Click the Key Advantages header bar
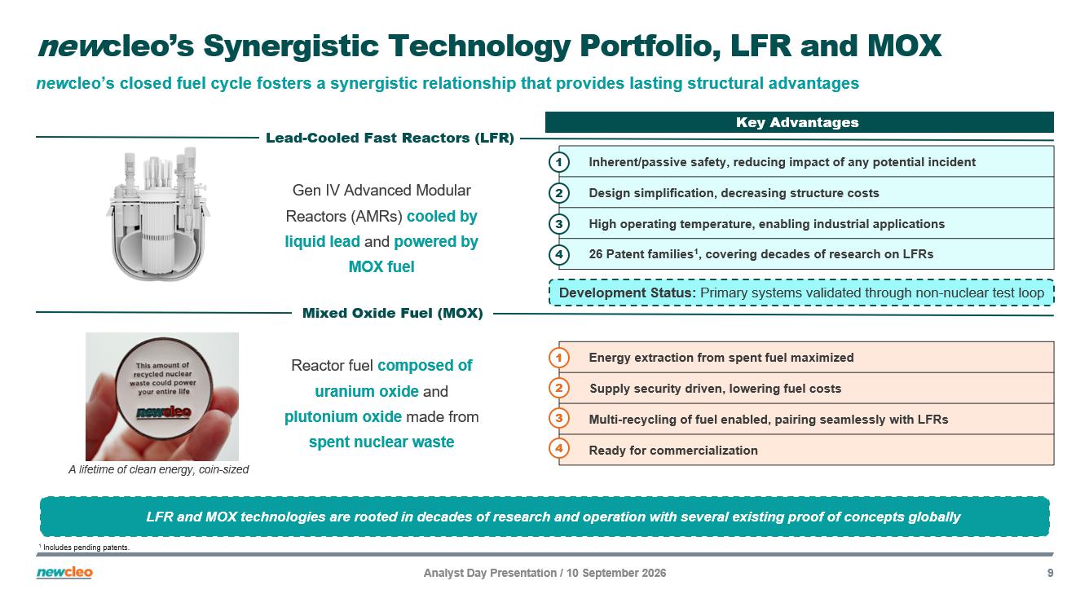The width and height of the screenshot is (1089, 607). pyautogui.click(x=800, y=122)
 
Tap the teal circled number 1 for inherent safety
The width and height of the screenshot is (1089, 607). pyautogui.click(x=559, y=162)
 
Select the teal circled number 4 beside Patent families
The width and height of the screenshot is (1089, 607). pyautogui.click(x=559, y=254)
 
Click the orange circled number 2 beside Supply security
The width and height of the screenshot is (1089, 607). pyautogui.click(x=559, y=389)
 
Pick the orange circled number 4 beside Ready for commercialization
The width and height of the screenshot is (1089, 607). pyautogui.click(x=559, y=449)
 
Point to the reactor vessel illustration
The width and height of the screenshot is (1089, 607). pyautogui.click(x=159, y=213)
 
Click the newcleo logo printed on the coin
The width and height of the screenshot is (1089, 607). pyautogui.click(x=163, y=412)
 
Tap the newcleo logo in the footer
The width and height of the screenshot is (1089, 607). pyautogui.click(x=64, y=573)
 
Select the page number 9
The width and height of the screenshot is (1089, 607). pyautogui.click(x=1050, y=573)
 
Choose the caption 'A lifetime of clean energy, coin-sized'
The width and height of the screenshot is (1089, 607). pyautogui.click(x=158, y=469)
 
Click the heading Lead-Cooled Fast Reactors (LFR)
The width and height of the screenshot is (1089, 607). pyautogui.click(x=390, y=138)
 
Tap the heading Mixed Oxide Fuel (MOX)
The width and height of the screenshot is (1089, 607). pyautogui.click(x=392, y=313)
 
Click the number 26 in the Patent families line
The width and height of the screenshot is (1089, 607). pyautogui.click(x=595, y=254)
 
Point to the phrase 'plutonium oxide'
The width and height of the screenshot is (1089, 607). pyautogui.click(x=343, y=417)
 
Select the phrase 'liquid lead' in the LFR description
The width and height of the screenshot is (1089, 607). pyautogui.click(x=322, y=241)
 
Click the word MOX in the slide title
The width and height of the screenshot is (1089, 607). pyautogui.click(x=905, y=46)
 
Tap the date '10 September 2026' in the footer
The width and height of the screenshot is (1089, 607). pyautogui.click(x=616, y=573)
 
